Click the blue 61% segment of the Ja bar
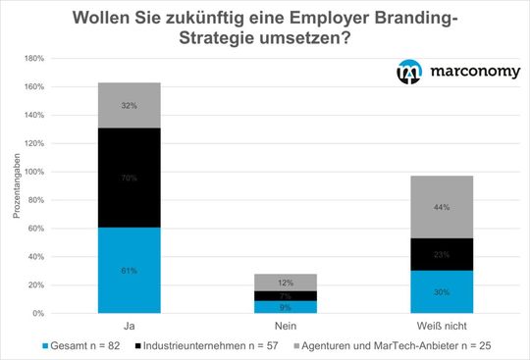[130, 270]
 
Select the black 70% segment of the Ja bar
[130, 179]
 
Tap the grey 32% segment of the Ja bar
[130, 105]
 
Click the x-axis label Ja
[130, 324]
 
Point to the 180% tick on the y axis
[31, 58]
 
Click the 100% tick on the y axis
[31, 172]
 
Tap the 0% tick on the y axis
[35, 313]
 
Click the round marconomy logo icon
[408, 72]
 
